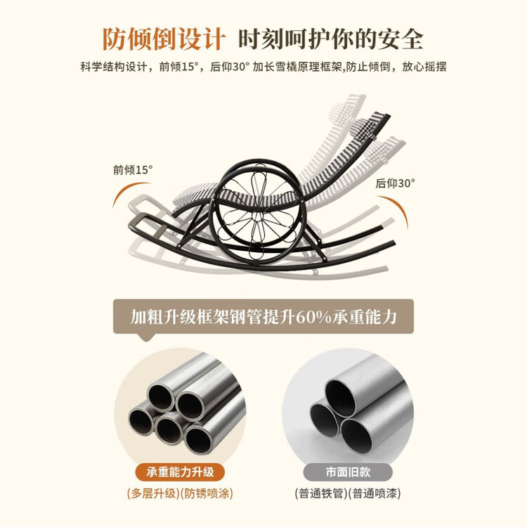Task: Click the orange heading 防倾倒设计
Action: pyautogui.click(x=164, y=39)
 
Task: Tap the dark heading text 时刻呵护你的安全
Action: pyautogui.click(x=330, y=39)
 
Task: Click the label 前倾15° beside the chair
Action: pyautogui.click(x=133, y=170)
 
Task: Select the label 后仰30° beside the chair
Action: pyautogui.click(x=395, y=183)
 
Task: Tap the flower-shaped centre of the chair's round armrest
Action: pyautogui.click(x=258, y=209)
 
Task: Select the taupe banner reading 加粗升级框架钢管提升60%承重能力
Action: pyautogui.click(x=263, y=317)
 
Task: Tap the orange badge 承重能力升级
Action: pyautogui.click(x=180, y=472)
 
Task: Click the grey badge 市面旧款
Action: pyautogui.click(x=348, y=472)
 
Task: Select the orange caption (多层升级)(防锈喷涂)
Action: pyautogui.click(x=180, y=493)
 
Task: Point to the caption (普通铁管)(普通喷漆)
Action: pyautogui.click(x=348, y=493)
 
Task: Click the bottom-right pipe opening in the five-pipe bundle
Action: pyautogui.click(x=197, y=439)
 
